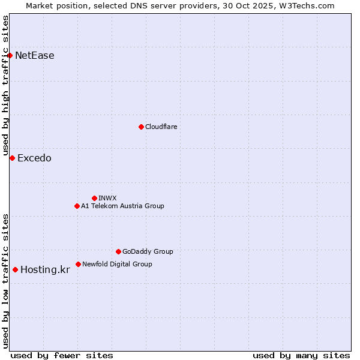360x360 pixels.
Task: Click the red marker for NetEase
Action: tap(10, 56)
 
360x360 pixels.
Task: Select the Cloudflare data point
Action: tap(141, 127)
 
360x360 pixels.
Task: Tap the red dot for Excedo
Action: tap(12, 158)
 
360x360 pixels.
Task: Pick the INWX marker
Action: tap(94, 198)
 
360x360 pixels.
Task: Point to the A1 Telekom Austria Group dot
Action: tap(77, 206)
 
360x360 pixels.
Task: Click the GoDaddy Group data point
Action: tap(118, 251)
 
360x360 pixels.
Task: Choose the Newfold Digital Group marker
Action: tap(78, 264)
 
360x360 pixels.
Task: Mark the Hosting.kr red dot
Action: tap(15, 269)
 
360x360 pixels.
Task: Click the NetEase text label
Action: tap(35, 56)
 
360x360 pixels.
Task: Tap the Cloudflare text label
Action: tap(161, 127)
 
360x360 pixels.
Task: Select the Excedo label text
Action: tap(34, 158)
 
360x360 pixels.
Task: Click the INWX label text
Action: tap(107, 198)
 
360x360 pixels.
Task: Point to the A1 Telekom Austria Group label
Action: tap(122, 206)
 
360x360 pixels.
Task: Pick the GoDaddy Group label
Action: tap(148, 251)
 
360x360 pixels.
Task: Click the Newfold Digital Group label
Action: tap(117, 264)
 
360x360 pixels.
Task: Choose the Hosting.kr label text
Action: tap(45, 269)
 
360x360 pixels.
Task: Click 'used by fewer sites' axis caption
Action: tap(62, 355)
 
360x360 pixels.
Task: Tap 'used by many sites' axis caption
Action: tap(301, 355)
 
